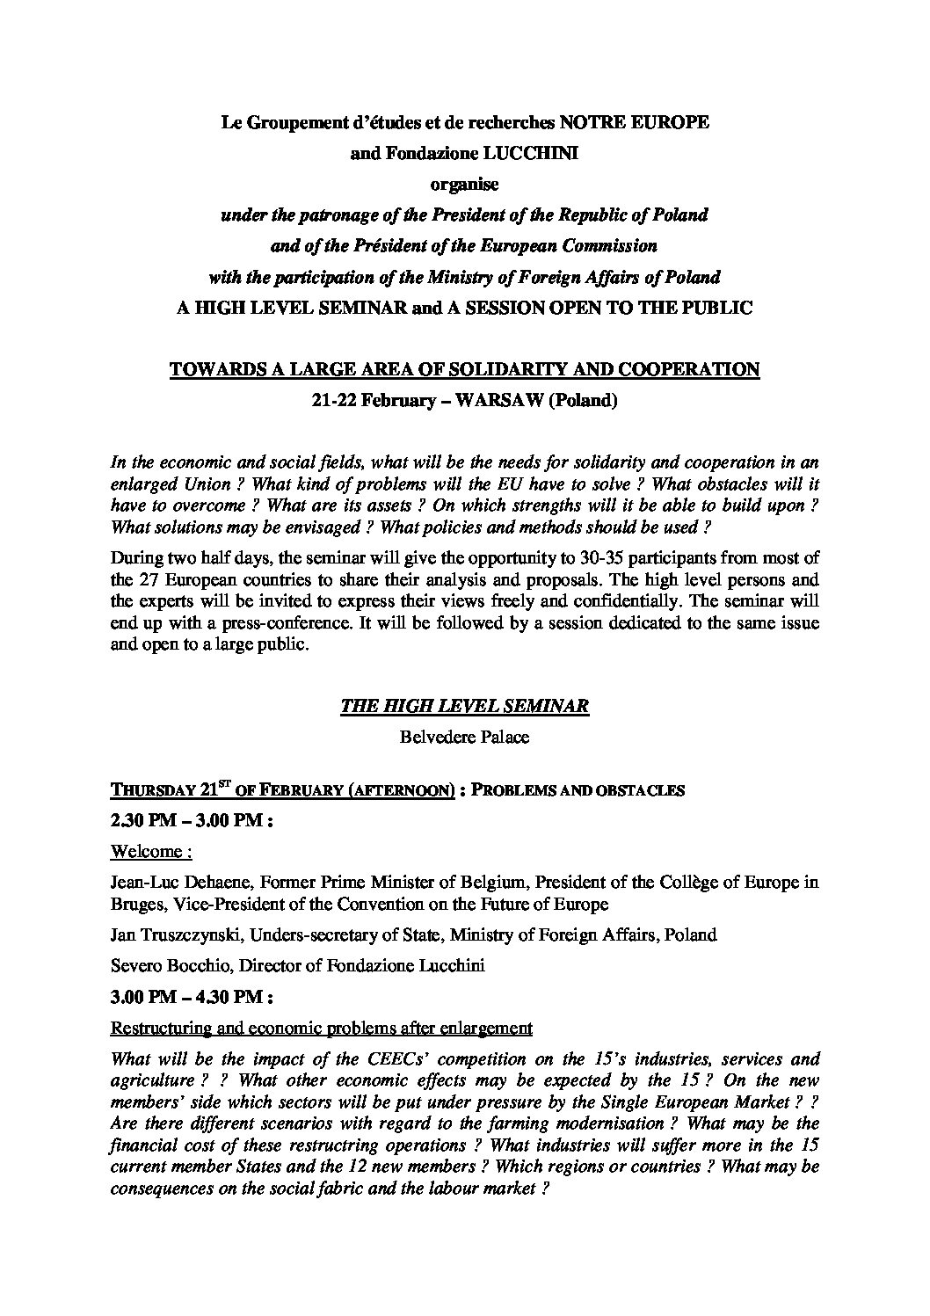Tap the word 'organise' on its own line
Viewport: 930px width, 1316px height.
(464, 185)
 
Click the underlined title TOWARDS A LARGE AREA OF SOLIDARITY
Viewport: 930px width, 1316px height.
(464, 370)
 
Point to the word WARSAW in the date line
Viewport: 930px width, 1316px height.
(497, 401)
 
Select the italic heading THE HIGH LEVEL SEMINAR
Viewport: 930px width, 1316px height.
(464, 707)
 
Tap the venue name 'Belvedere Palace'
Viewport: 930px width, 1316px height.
(464, 737)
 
